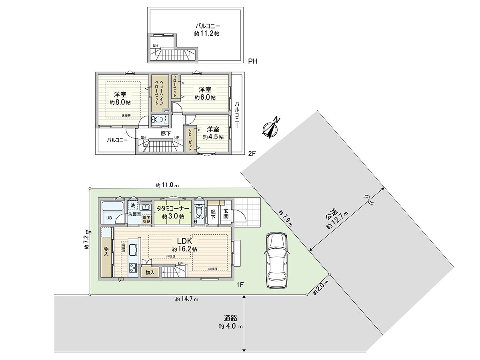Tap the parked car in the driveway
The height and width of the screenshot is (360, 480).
coord(276,260)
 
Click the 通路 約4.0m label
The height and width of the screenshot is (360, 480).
coord(231,322)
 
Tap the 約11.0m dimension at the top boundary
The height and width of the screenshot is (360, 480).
coord(167,185)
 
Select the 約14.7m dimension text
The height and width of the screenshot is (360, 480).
coord(186,299)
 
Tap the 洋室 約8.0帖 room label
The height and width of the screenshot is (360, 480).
coord(120,98)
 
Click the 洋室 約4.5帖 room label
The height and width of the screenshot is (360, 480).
coord(213,133)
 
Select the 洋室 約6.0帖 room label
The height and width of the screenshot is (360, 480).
coord(205,93)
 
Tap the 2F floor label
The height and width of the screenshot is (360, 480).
coord(252,153)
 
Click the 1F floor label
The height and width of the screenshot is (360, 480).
coord(240,284)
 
